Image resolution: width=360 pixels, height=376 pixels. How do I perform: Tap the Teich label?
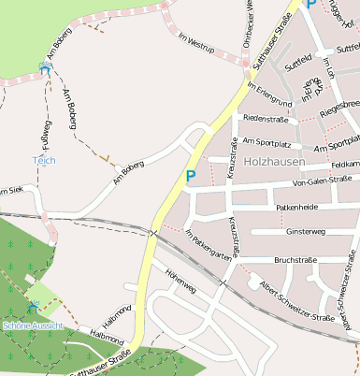click(x=44, y=160)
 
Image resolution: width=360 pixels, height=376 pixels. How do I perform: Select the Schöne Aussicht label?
click(x=33, y=325)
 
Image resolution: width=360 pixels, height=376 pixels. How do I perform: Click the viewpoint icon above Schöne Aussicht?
click(x=33, y=308)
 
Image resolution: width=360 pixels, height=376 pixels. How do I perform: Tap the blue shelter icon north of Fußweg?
click(x=44, y=67)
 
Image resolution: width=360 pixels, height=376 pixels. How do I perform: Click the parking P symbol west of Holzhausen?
click(x=191, y=175)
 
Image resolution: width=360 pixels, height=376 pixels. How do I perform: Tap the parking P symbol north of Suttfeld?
click(x=311, y=5)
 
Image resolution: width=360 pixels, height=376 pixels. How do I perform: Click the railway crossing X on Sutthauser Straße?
click(x=153, y=231)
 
